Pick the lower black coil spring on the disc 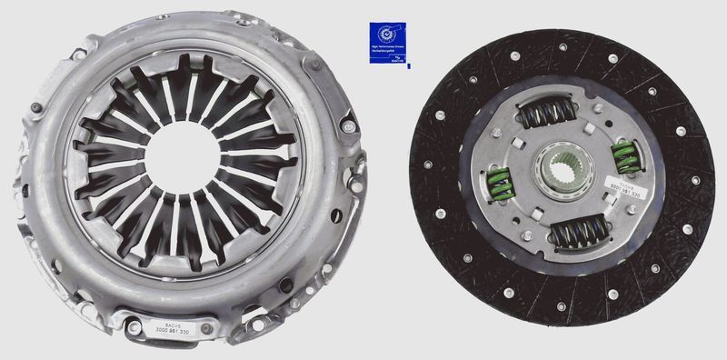pyautogui.click(x=578, y=235)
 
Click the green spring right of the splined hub pyautogui.click(x=624, y=156)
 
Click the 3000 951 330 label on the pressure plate pyautogui.click(x=174, y=328)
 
